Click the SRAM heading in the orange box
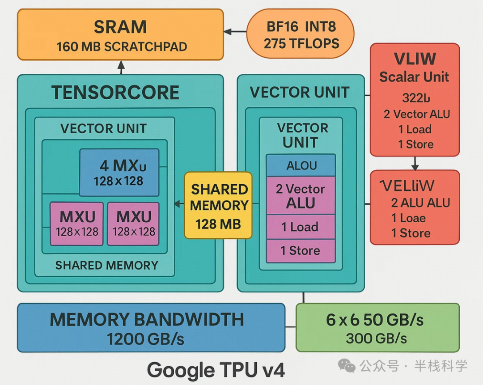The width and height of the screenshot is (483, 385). [x=120, y=27]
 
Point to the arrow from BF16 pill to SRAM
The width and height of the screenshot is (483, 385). [x=235, y=32]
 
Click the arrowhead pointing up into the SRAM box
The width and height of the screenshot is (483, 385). [x=121, y=65]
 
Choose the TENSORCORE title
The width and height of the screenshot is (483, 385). [x=115, y=93]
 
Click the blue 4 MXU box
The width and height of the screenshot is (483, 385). [x=119, y=172]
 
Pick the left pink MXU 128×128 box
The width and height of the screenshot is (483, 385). [x=76, y=224]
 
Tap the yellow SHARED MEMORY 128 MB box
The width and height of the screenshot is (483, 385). [x=219, y=205]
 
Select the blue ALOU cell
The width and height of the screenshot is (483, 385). [x=301, y=165]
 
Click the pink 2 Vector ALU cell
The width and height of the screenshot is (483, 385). [x=301, y=195]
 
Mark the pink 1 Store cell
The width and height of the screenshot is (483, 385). [x=301, y=251]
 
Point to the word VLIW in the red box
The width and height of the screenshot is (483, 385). [x=415, y=59]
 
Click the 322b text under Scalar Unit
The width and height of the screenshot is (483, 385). [x=416, y=97]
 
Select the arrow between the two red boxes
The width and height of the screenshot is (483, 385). [x=415, y=163]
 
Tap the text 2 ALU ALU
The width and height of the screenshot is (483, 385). [x=420, y=203]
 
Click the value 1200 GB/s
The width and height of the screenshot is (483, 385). [x=146, y=339]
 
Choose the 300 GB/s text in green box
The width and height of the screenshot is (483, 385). [x=377, y=338]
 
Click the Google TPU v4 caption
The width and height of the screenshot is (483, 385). [x=216, y=370]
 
